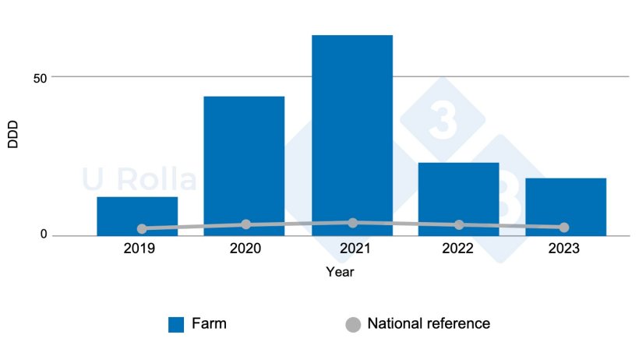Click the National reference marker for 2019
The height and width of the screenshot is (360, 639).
[x=142, y=229]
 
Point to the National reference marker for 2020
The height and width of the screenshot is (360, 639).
[x=246, y=224]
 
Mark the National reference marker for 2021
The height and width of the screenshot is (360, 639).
[x=353, y=223]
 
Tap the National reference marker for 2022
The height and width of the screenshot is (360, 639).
[x=459, y=225]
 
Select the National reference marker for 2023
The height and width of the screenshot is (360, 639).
[x=564, y=228]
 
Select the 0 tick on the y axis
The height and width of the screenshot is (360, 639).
[x=44, y=235]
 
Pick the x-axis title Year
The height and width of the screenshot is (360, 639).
[x=340, y=273]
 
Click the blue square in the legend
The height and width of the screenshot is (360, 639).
[x=176, y=325]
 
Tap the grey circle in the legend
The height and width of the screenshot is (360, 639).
[x=353, y=325]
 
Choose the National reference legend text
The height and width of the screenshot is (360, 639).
[x=429, y=323]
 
